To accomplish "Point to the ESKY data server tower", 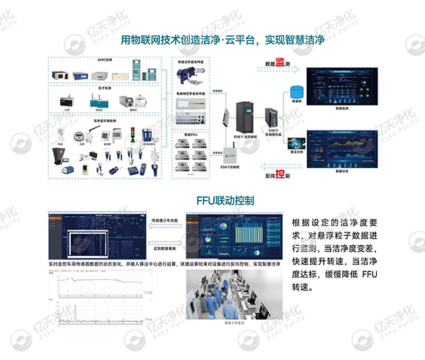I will (273, 117).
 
